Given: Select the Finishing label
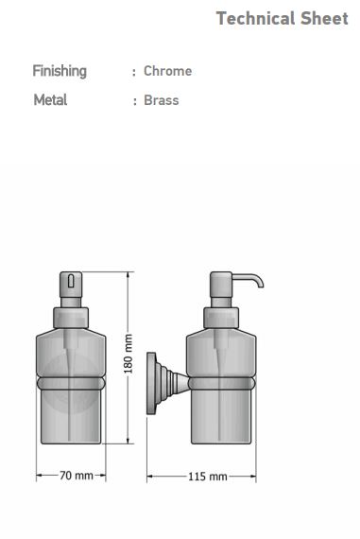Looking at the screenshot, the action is [60, 72].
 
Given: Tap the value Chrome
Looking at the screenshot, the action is [167, 71].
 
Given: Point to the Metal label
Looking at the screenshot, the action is [50, 100].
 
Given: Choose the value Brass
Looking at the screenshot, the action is [162, 100].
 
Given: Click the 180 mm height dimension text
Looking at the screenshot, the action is [128, 354].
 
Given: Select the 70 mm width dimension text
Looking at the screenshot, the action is [77, 476].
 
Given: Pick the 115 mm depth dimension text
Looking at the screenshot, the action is [208, 477].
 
